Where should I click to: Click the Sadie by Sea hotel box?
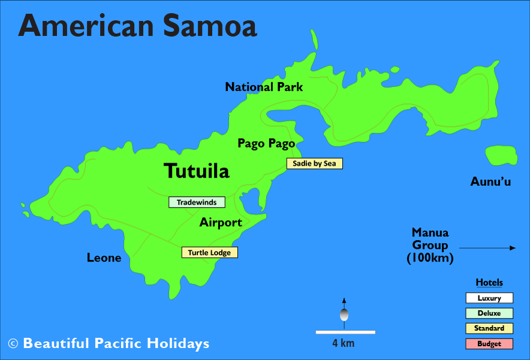(x=314, y=163)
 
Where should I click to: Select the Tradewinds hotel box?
(x=196, y=202)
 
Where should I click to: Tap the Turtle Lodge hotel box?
(x=209, y=253)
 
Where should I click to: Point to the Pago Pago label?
(x=266, y=143)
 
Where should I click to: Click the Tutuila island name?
(x=197, y=171)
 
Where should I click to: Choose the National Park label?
(x=264, y=87)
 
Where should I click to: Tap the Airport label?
(x=221, y=223)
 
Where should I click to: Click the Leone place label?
(x=104, y=258)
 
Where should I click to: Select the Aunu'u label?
(x=490, y=181)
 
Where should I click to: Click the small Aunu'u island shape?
(x=501, y=155)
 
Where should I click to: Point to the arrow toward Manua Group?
(x=487, y=248)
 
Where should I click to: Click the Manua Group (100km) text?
(x=430, y=245)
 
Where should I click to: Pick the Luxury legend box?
(x=489, y=298)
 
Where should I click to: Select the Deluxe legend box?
(x=489, y=313)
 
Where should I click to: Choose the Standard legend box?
(x=489, y=328)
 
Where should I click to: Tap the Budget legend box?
(x=489, y=344)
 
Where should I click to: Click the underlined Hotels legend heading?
(x=489, y=283)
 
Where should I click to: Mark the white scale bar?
(x=345, y=332)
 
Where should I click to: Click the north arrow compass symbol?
(x=344, y=313)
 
